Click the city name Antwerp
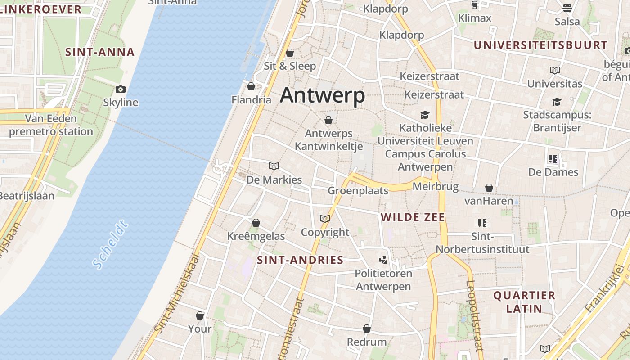(322, 95)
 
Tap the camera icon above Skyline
(121, 89)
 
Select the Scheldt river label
(110, 245)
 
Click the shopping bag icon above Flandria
(251, 86)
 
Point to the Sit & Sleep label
(290, 66)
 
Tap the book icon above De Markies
(274, 166)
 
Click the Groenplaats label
(358, 191)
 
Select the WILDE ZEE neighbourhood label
(413, 218)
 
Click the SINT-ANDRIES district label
(300, 260)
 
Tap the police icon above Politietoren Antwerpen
(383, 260)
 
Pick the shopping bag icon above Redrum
(367, 329)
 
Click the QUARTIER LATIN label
(524, 302)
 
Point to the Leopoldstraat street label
(475, 315)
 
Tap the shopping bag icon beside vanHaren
(489, 188)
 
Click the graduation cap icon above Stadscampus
(557, 102)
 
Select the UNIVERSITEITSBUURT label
(540, 45)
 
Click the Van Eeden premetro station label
(51, 125)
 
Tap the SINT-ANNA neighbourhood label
(100, 52)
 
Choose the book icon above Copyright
(324, 219)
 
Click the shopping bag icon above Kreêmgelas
(256, 223)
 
